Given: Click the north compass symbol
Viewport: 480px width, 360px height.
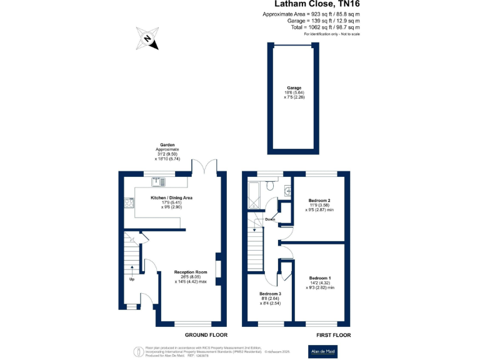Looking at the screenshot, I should click(148, 38).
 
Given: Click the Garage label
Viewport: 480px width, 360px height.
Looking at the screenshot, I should click(294, 88).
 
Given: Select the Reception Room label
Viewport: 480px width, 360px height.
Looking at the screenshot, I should click(191, 272).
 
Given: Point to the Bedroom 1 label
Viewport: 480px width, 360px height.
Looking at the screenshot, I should click(321, 277).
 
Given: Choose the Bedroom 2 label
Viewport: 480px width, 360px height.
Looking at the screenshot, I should click(319, 201).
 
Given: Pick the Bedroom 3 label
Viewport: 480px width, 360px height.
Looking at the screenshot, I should click(271, 294).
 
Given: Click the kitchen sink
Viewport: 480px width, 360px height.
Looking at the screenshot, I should click(156, 182).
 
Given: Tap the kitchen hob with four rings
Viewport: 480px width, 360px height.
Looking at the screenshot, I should click(130, 202).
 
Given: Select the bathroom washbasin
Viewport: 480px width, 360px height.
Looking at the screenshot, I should click(287, 191).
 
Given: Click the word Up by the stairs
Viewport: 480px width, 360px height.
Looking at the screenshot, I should click(132, 279).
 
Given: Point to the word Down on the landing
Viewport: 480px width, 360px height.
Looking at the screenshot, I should click(270, 219).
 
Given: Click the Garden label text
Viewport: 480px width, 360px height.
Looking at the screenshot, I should click(167, 145).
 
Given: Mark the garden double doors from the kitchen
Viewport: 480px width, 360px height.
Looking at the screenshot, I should click(206, 167).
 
